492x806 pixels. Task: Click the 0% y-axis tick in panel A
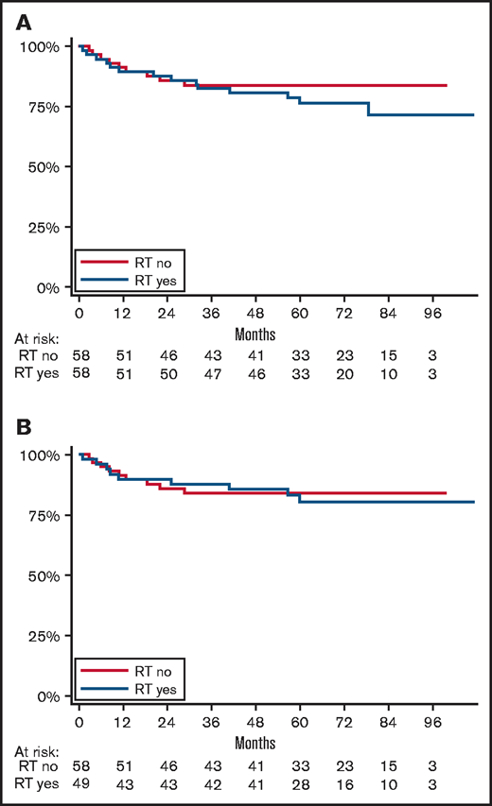[x=53, y=287]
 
